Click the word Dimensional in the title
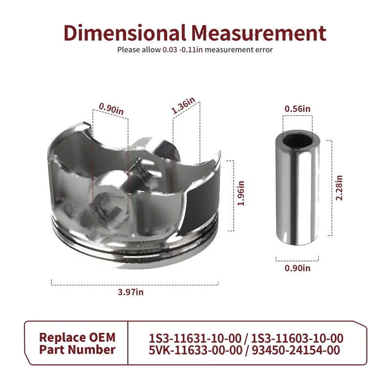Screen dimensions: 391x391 click(125, 33)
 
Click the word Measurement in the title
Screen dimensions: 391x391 click(259, 33)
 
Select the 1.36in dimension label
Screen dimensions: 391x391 click(183, 105)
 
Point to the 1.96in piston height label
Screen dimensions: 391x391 click(241, 193)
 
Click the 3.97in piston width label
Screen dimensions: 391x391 click(130, 292)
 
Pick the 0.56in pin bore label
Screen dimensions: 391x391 click(298, 109)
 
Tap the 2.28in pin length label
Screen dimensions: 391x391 click(339, 188)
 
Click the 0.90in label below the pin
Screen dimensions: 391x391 click(298, 268)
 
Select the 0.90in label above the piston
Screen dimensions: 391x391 click(111, 109)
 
